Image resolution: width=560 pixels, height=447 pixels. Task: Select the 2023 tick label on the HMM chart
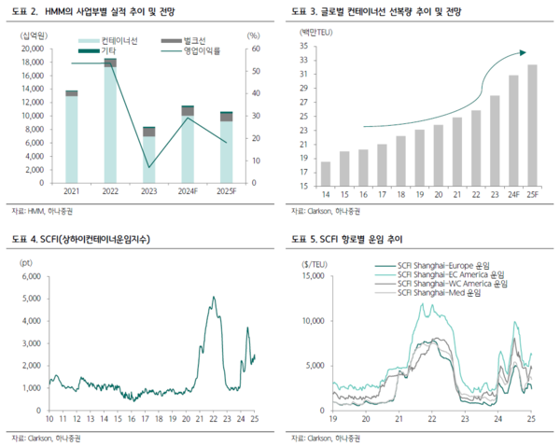pos(148,191)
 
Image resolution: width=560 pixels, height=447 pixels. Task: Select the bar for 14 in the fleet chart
pos(326,174)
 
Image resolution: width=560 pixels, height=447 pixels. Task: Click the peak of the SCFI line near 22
pos(213,298)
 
